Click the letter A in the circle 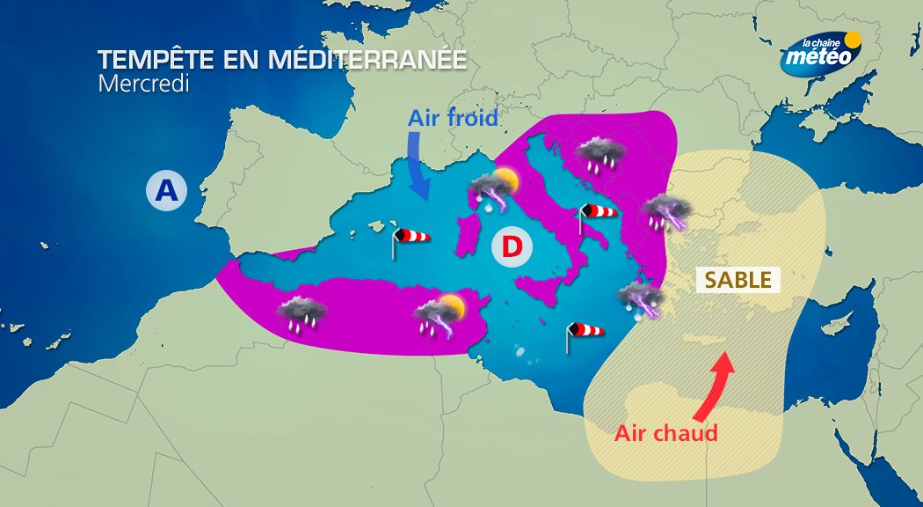pyautogui.click(x=167, y=189)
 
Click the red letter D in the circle pyautogui.click(x=512, y=247)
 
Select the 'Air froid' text pyautogui.click(x=453, y=118)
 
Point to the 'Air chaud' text pyautogui.click(x=665, y=433)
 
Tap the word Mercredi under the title pyautogui.click(x=143, y=84)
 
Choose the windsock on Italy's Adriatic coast pyautogui.click(x=597, y=213)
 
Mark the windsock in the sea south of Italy pyautogui.click(x=585, y=333)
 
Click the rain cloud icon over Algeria pyautogui.click(x=302, y=312)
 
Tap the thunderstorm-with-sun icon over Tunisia pyautogui.click(x=440, y=315)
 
